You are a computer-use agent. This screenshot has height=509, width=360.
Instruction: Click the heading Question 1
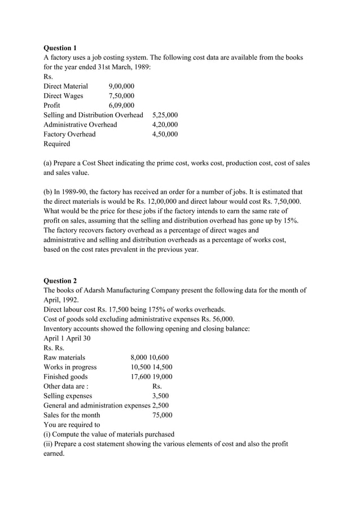(60, 48)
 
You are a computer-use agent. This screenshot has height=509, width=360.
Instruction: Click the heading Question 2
(60, 280)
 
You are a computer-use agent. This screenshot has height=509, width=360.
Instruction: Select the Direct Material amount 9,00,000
(121, 86)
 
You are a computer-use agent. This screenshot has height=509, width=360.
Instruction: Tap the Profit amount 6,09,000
(121, 106)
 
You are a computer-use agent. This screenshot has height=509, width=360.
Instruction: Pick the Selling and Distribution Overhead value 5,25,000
(165, 115)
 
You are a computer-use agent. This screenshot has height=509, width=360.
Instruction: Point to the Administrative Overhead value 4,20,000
(165, 125)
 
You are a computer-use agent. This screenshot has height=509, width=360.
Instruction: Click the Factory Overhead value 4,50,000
(165, 134)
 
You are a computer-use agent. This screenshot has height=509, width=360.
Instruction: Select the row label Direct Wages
(63, 96)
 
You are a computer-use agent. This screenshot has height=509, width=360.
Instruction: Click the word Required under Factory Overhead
(57, 144)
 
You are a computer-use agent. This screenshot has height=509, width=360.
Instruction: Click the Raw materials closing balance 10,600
(159, 357)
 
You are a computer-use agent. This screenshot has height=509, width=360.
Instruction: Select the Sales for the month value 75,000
(163, 415)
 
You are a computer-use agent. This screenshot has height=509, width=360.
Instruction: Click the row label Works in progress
(70, 367)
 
